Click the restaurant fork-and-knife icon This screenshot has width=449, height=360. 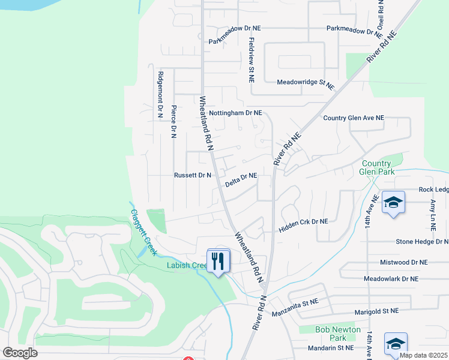tap(218, 260)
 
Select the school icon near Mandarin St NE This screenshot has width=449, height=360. tap(396, 344)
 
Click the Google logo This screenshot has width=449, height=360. tap(20, 353)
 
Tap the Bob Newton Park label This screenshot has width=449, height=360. tap(338, 334)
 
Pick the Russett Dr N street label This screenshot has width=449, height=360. tap(193, 175)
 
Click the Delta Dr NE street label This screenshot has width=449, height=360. tap(241, 179)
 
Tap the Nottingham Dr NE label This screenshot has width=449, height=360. tap(235, 112)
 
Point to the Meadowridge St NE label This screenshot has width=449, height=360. tap(305, 82)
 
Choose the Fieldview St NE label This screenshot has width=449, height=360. tap(252, 61)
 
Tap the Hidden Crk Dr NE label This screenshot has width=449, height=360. tap(304, 221)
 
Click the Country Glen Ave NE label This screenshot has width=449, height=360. tap(353, 118)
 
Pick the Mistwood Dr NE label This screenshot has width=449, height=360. tap(403, 263)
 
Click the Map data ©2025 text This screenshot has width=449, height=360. tap(423, 355)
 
